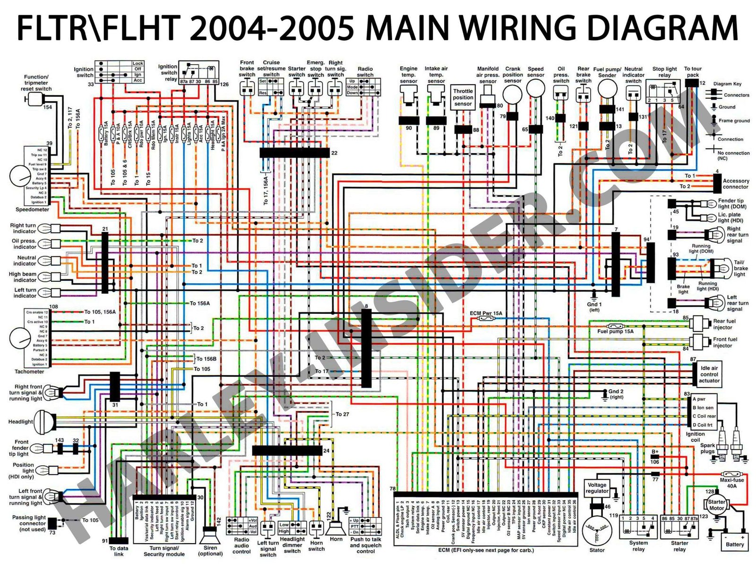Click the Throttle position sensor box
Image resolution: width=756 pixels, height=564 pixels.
tap(463, 97)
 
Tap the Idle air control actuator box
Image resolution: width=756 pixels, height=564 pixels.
tap(709, 374)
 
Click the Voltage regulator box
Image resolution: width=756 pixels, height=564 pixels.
tap(597, 488)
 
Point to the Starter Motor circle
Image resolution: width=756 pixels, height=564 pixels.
tap(716, 505)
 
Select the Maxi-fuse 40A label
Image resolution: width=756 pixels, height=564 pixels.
tap(731, 483)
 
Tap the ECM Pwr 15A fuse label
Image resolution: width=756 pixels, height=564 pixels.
tap(486, 313)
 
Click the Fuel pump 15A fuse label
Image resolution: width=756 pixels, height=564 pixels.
tap(615, 331)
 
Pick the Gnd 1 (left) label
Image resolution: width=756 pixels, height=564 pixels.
tap(594, 307)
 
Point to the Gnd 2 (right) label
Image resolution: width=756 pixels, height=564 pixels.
tap(616, 394)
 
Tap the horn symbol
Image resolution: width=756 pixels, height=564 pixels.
tap(336, 527)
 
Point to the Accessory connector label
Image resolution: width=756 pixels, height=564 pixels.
tap(736, 183)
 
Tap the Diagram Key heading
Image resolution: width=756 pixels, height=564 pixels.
tap(727, 84)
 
